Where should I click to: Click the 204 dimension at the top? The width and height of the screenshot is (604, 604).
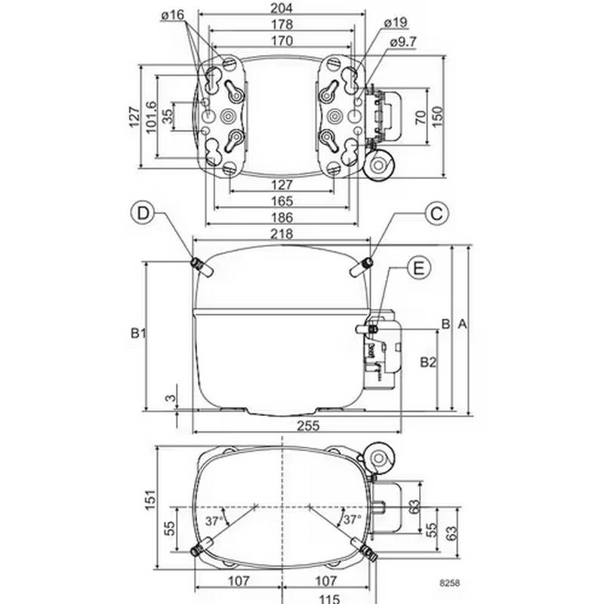282,8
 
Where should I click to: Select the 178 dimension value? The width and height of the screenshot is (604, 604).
282,23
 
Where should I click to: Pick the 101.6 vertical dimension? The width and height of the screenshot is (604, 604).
150,117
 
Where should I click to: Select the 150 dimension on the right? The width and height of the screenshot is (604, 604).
436,115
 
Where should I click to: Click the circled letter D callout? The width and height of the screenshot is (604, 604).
142,214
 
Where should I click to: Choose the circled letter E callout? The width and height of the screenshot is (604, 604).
420,267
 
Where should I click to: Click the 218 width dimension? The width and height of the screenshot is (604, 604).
282,235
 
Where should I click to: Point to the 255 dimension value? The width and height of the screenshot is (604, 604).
307,425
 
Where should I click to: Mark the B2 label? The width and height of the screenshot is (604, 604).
428,362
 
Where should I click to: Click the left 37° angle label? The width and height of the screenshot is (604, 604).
214,521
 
